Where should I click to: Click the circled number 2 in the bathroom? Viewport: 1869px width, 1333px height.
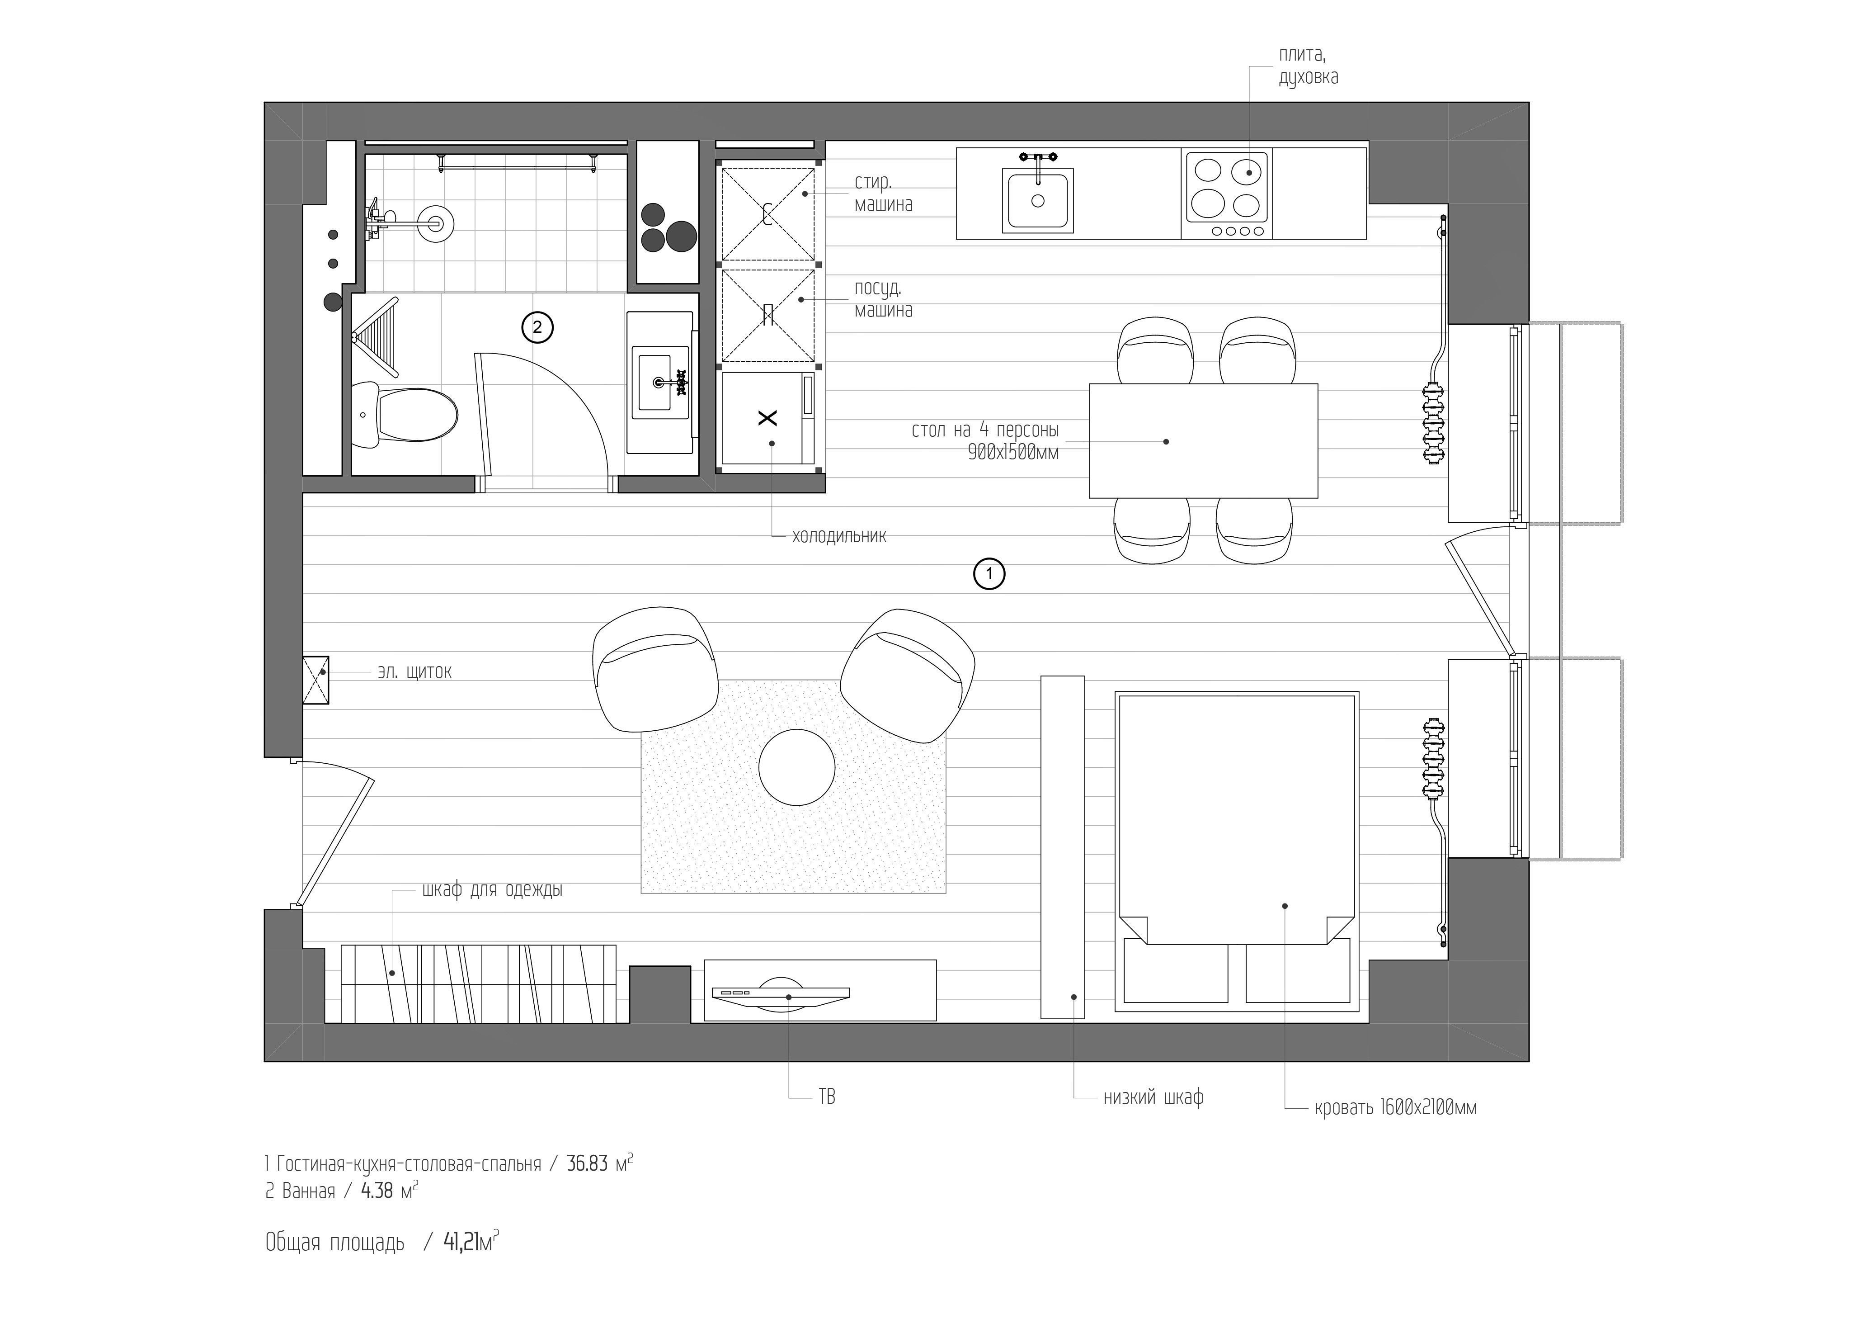click(x=537, y=327)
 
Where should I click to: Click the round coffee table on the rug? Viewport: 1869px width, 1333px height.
click(x=797, y=766)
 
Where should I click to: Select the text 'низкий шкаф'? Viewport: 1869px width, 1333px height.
click(x=1153, y=1097)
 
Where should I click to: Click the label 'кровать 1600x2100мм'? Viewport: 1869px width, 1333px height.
click(x=1396, y=1107)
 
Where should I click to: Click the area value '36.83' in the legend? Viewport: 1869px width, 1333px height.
click(x=588, y=1164)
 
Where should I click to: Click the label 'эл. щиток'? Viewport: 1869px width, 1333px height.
click(x=414, y=671)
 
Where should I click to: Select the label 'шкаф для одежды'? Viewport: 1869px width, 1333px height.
click(x=492, y=889)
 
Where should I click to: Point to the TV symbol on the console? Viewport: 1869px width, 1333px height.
click(x=780, y=993)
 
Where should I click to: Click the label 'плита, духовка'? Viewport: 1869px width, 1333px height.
click(x=1308, y=66)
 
